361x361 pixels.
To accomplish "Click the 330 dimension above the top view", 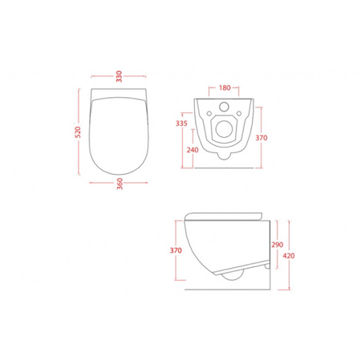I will pos(119,76).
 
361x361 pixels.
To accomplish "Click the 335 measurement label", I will pos(181,124).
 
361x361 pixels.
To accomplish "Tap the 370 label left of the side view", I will pos(176,249).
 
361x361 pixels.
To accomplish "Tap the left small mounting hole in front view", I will pos(209,113).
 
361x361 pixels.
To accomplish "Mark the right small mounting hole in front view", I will pos(239,113).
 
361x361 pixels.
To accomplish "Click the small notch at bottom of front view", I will pos(224,156).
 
